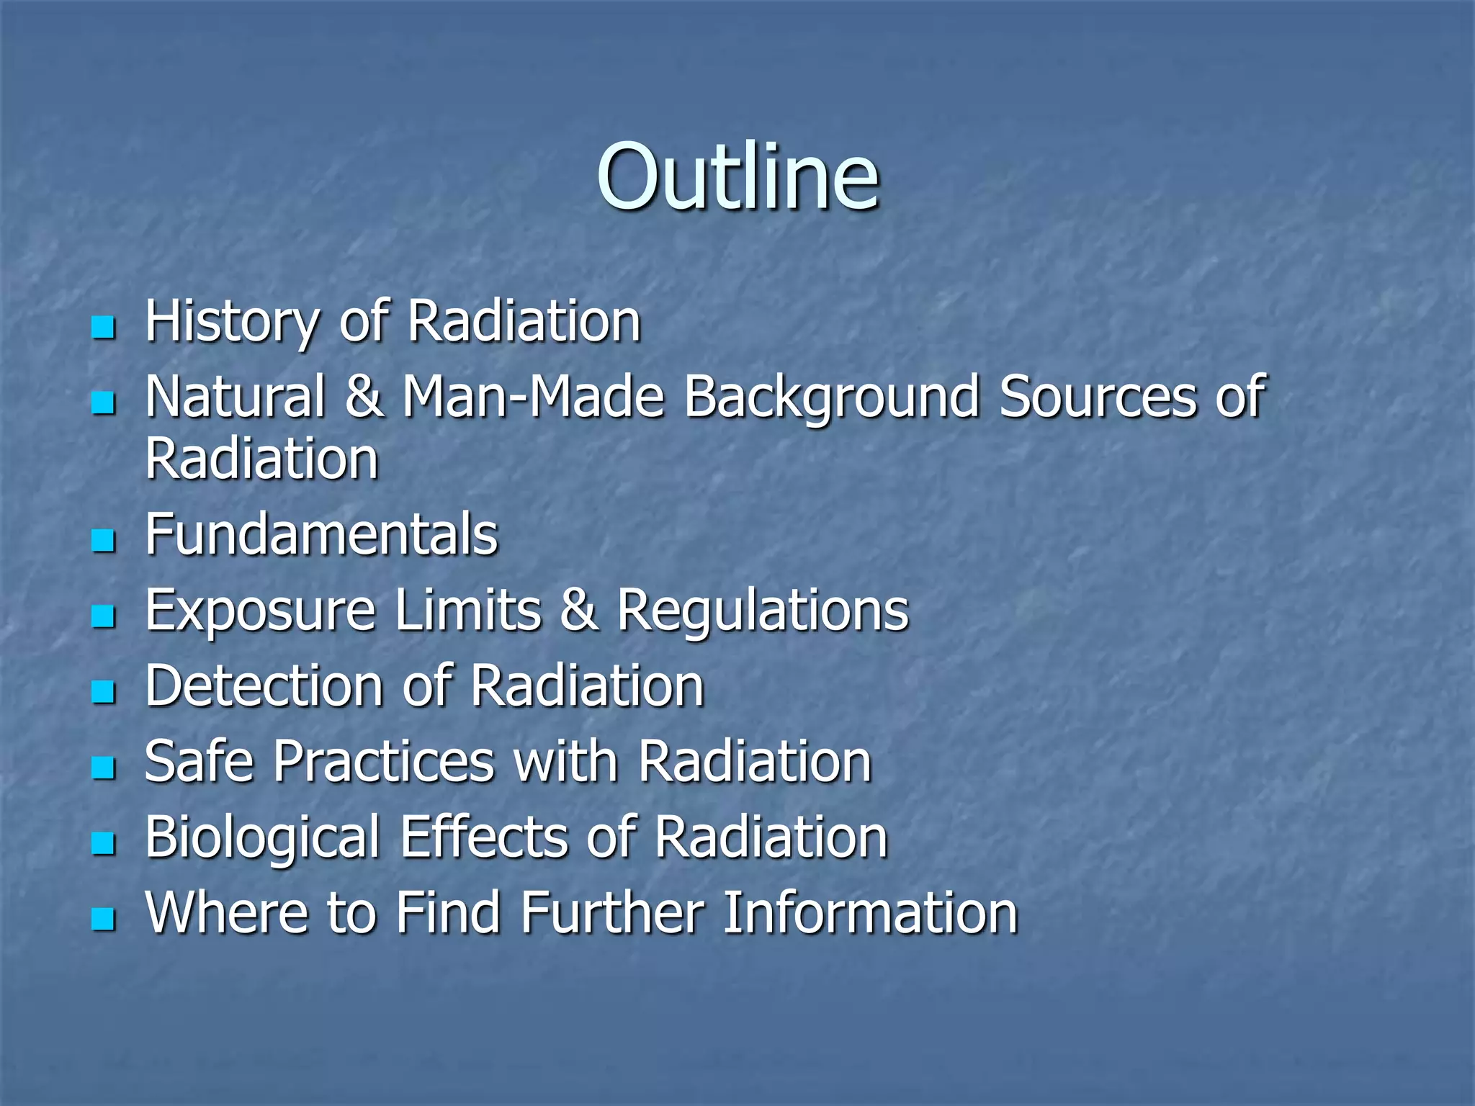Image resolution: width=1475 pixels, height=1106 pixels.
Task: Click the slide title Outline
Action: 737,176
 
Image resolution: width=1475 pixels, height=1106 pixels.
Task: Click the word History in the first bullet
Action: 230,321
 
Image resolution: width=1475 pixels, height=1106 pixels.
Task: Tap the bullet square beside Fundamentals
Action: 104,540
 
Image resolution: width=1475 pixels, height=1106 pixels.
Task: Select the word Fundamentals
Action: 321,534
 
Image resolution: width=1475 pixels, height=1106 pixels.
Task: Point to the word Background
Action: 831,397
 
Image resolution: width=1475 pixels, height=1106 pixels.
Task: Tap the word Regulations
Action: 763,611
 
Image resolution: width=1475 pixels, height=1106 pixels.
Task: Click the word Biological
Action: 262,837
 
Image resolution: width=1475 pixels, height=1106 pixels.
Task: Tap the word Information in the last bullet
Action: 870,913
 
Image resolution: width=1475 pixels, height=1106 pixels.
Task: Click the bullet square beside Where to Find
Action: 104,919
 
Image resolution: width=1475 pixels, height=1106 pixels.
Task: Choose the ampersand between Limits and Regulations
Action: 579,611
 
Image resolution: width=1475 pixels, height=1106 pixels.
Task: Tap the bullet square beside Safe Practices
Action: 104,768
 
